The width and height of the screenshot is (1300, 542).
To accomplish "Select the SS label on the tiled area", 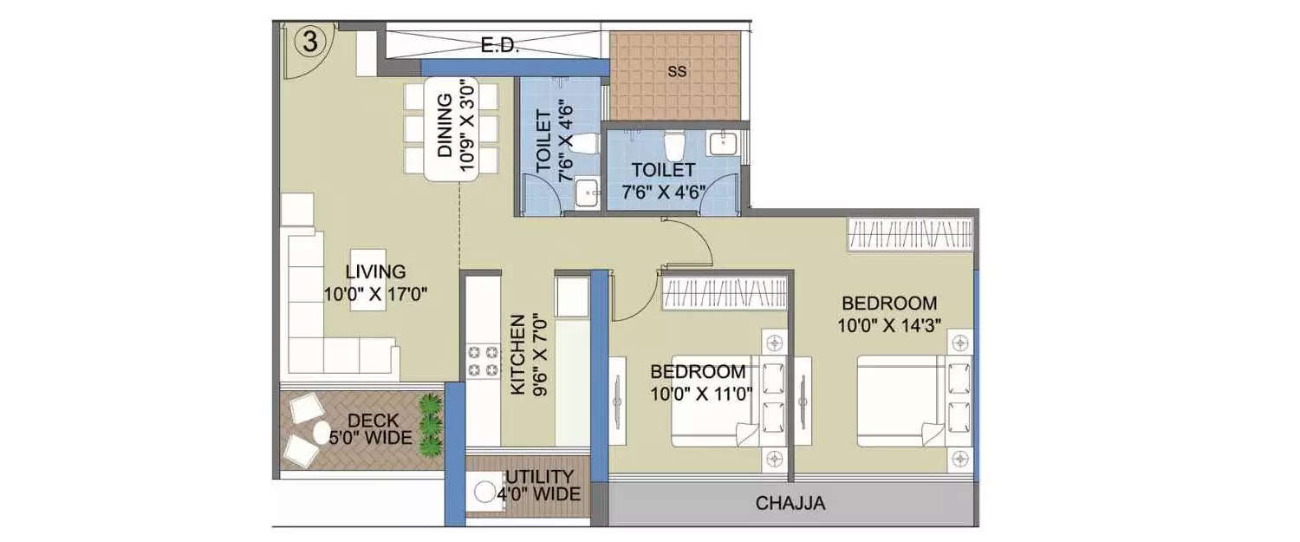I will pos(677,73).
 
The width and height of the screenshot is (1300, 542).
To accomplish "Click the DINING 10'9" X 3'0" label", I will pos(456,134).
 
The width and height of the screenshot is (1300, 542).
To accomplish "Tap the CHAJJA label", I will pos(790,503).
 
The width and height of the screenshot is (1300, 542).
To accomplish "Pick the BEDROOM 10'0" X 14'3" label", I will pos(889,314).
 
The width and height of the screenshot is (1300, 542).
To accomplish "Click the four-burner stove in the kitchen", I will pos(484,361).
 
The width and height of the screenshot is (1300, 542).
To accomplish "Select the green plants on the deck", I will pos(430,425).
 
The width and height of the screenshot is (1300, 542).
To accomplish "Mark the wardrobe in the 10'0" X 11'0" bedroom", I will pos(724,293).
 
